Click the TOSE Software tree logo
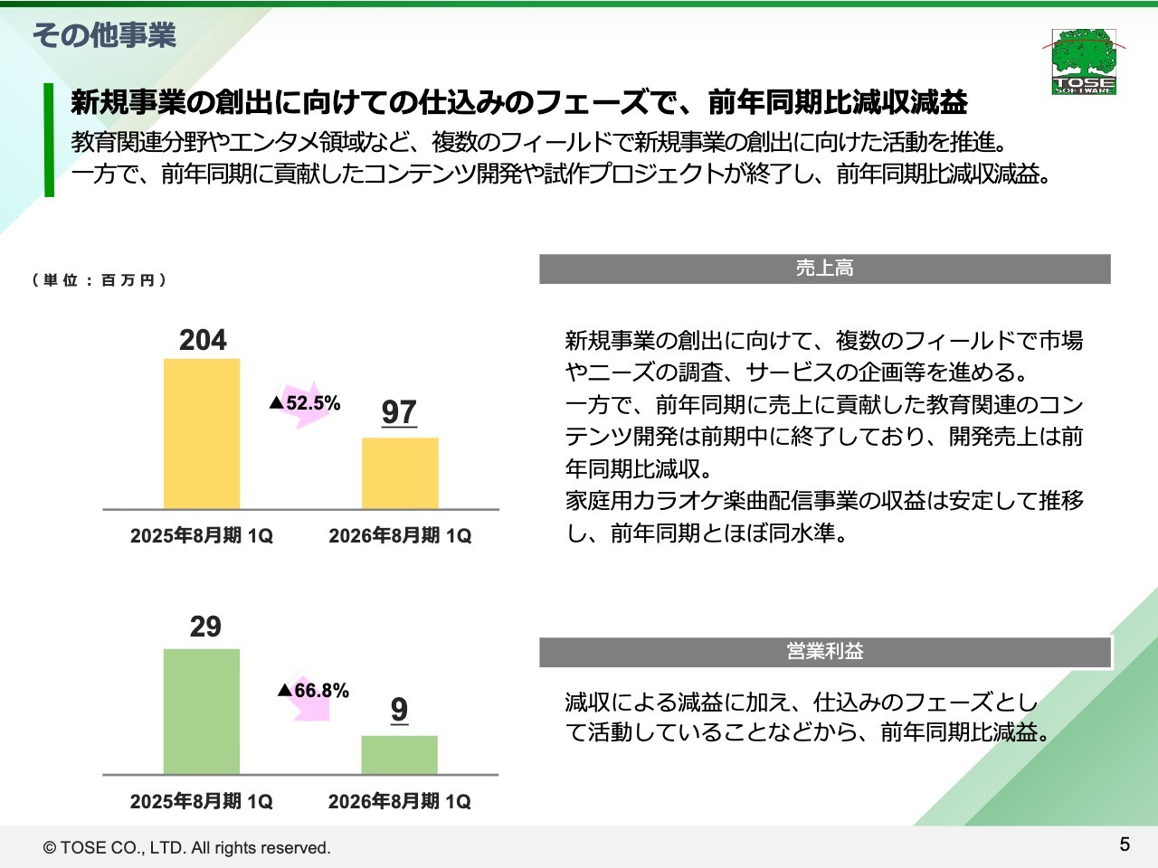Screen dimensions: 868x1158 tap(1084, 61)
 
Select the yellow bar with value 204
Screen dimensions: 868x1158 tap(202, 434)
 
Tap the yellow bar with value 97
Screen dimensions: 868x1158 tap(400, 473)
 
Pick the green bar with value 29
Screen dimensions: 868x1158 tap(202, 712)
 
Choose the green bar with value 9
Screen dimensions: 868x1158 tap(399, 754)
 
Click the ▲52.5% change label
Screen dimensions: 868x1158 tap(305, 403)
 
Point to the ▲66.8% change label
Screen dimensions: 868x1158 tap(313, 691)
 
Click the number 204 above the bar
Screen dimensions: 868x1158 tap(203, 340)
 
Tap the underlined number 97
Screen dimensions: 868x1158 tap(399, 412)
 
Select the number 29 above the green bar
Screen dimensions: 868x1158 tap(205, 627)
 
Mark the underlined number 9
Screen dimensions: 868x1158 tap(399, 710)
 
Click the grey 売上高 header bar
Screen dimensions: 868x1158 tap(824, 269)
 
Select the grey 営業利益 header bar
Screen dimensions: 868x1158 tap(824, 652)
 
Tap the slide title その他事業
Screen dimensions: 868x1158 tap(104, 35)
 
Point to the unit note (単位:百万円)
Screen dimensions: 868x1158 tap(100, 280)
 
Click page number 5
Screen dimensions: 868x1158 tap(1125, 844)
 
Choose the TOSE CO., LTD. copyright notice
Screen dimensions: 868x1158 tap(187, 848)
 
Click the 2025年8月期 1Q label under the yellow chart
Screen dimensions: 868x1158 tap(202, 536)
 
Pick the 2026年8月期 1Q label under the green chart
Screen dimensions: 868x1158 tap(399, 801)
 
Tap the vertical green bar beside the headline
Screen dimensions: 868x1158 tap(49, 139)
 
